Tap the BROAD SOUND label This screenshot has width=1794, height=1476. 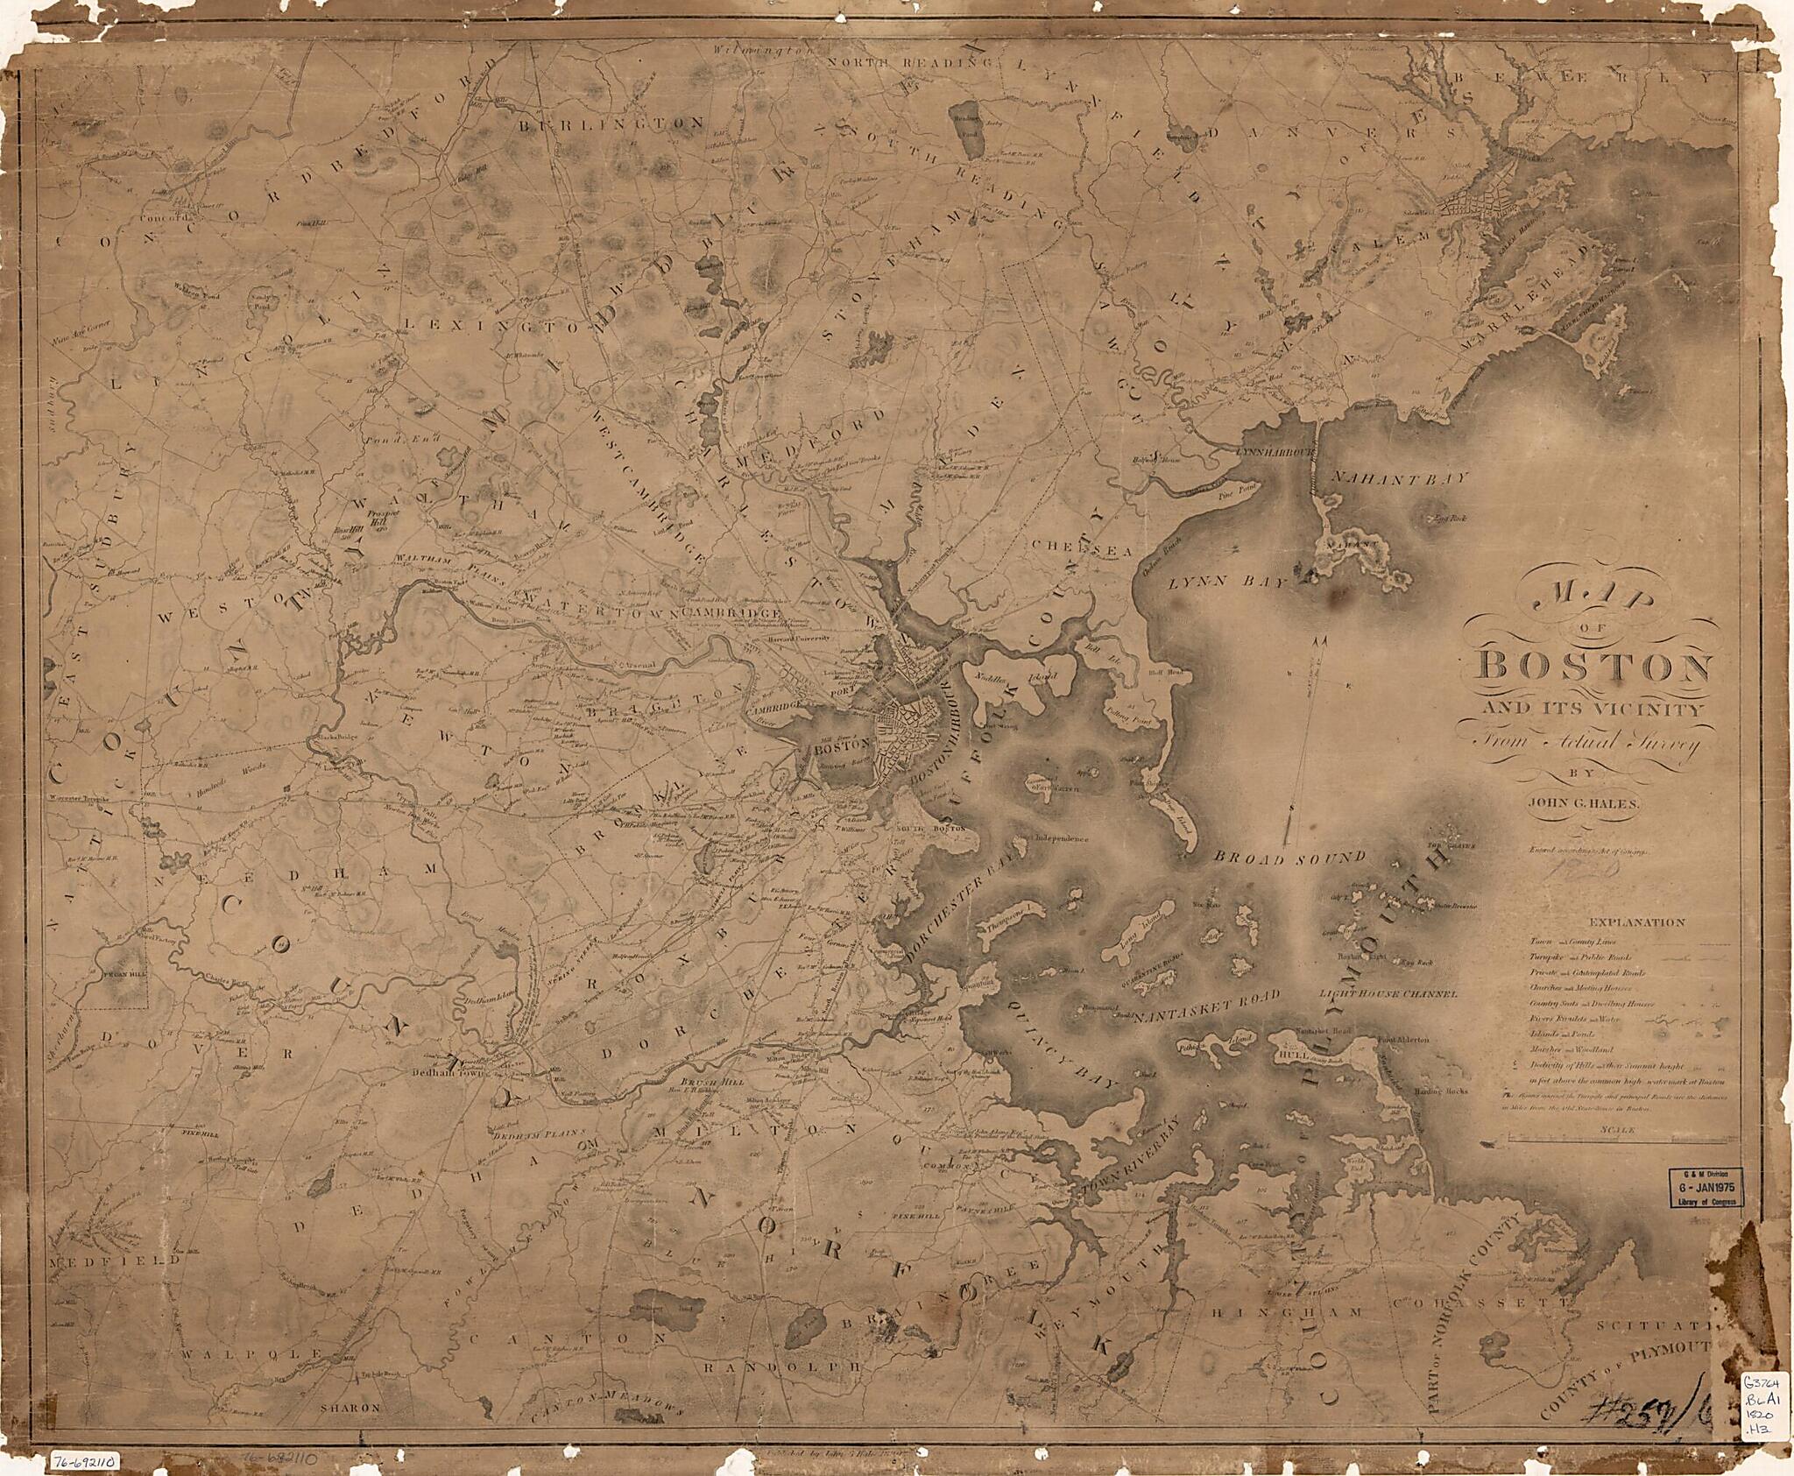point(1285,857)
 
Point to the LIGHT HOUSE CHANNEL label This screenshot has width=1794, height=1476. point(1388,995)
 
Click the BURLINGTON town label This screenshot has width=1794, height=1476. point(611,124)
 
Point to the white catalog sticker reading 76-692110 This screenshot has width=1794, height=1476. point(85,1460)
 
